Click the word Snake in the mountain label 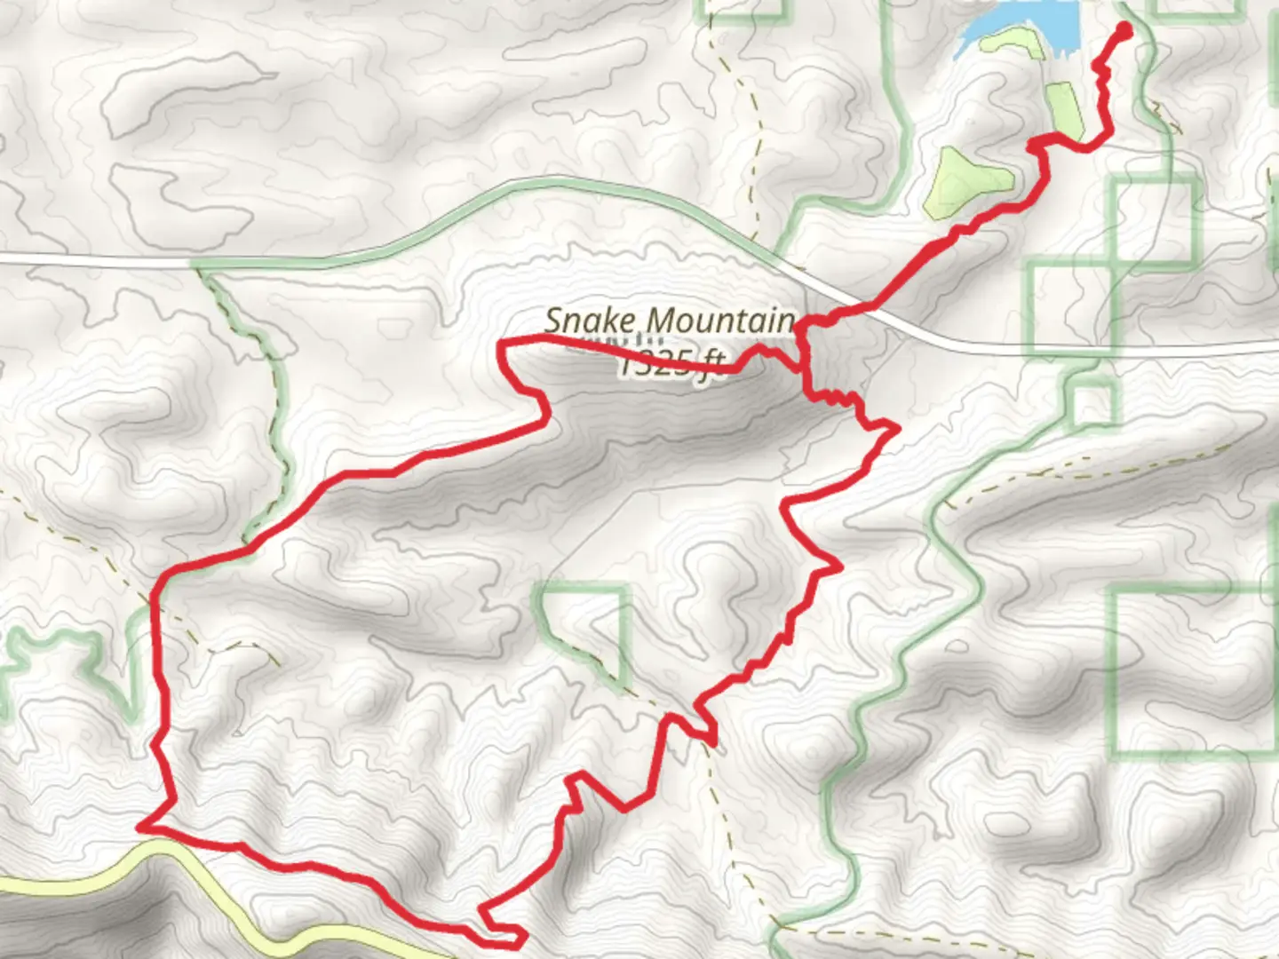(585, 321)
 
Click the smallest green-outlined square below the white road (1093, 404)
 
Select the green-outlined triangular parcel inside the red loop (586, 622)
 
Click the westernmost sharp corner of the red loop (142, 827)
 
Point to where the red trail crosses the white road (866, 309)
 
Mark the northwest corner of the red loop (503, 343)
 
